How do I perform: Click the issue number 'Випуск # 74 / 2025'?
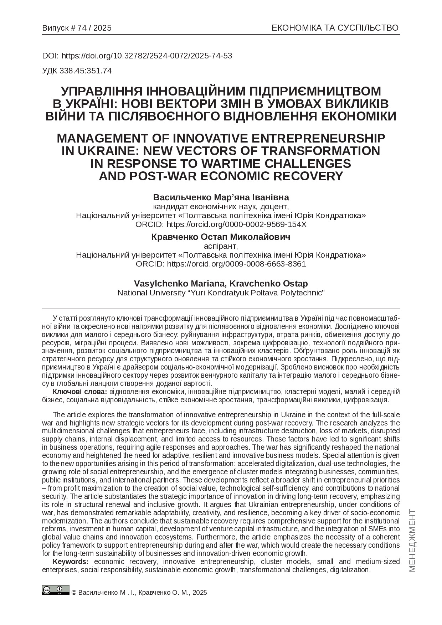(x=77, y=28)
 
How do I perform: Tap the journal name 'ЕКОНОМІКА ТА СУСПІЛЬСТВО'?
(x=335, y=28)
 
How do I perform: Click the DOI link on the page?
(x=147, y=56)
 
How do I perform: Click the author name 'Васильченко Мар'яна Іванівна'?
(x=221, y=197)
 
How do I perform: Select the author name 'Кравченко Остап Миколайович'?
(x=221, y=237)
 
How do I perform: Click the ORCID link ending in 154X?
(x=236, y=224)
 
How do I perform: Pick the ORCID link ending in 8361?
(x=236, y=264)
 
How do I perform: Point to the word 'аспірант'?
(x=221, y=246)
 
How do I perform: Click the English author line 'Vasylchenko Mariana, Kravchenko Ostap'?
(x=221, y=284)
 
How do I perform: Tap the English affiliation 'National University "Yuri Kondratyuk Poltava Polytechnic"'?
(x=221, y=293)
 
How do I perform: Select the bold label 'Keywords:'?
(x=71, y=562)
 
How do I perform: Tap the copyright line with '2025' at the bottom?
(x=139, y=593)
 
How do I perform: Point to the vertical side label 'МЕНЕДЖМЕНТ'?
(x=412, y=540)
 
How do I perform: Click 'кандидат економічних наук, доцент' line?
(x=221, y=207)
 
